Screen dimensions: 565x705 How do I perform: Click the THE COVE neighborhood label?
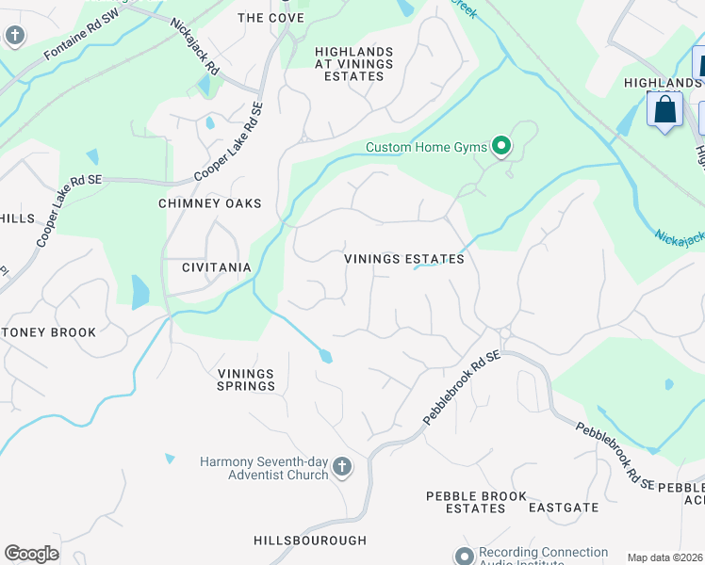coord(271,18)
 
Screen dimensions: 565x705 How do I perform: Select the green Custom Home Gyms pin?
coord(501,147)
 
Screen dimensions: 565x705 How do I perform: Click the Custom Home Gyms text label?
coord(426,147)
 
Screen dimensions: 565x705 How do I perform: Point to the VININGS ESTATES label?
coord(403,259)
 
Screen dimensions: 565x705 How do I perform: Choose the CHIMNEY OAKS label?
coord(208,203)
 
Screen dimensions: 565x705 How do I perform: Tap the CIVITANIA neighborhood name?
coord(217,267)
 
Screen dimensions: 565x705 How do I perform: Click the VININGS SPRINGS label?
coord(246,379)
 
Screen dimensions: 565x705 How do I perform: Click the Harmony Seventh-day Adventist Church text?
coord(264,468)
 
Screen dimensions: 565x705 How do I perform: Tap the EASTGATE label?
coord(563,508)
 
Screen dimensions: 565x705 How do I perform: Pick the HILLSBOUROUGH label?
coord(310,541)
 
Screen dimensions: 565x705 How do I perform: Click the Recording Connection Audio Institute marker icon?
coord(463,556)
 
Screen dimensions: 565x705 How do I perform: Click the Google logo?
coord(31,554)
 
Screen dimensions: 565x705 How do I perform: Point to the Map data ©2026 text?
coord(664,557)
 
